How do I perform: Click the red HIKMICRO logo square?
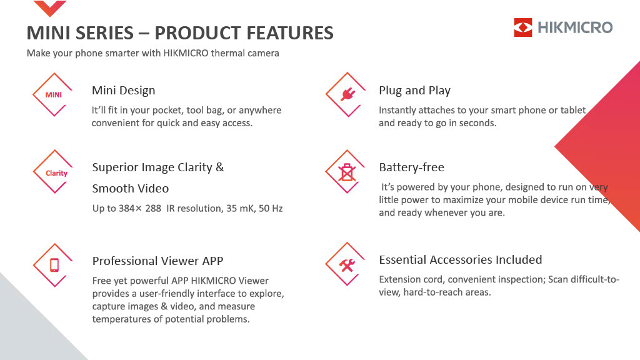click(523, 27)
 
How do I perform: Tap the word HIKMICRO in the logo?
click(575, 27)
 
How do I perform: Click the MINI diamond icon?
click(53, 95)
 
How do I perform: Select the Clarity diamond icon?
click(54, 172)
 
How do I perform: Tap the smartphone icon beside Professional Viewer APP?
click(54, 265)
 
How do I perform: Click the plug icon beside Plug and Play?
click(347, 94)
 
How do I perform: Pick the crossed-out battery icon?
click(346, 172)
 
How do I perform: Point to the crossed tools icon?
click(347, 265)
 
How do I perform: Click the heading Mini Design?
click(124, 90)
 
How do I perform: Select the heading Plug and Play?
click(415, 90)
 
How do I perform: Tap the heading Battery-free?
click(411, 167)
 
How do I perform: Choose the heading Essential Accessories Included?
click(461, 259)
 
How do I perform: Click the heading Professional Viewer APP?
click(157, 261)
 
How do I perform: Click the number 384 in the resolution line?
click(127, 209)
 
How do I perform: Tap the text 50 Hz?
click(271, 209)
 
